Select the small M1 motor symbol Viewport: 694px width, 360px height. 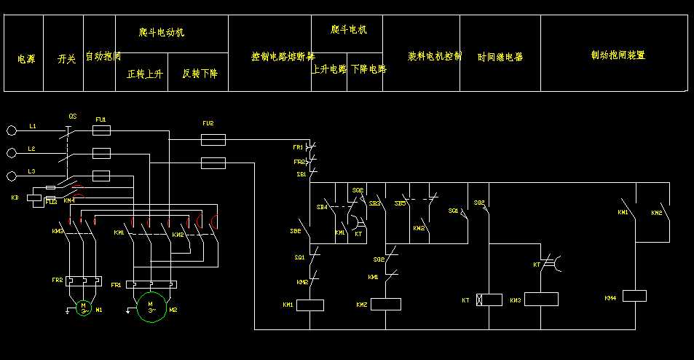(x=83, y=306)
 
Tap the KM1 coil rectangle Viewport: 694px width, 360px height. (x=312, y=305)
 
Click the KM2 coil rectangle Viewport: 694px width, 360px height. (x=386, y=304)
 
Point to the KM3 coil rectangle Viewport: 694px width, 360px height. (x=541, y=300)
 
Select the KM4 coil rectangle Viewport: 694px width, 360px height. (x=634, y=296)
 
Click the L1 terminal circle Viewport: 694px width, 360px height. (x=11, y=130)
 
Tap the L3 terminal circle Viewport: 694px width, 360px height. (x=11, y=176)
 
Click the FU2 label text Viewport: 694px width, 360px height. (x=208, y=123)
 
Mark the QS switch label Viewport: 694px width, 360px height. (x=73, y=117)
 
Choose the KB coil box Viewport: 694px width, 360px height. (x=35, y=197)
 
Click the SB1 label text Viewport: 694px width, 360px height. (x=301, y=175)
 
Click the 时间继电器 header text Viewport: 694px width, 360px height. (x=500, y=57)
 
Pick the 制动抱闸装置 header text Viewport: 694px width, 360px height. (x=618, y=55)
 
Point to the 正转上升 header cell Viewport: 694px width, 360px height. (x=144, y=74)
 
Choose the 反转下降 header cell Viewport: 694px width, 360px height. (x=200, y=74)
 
